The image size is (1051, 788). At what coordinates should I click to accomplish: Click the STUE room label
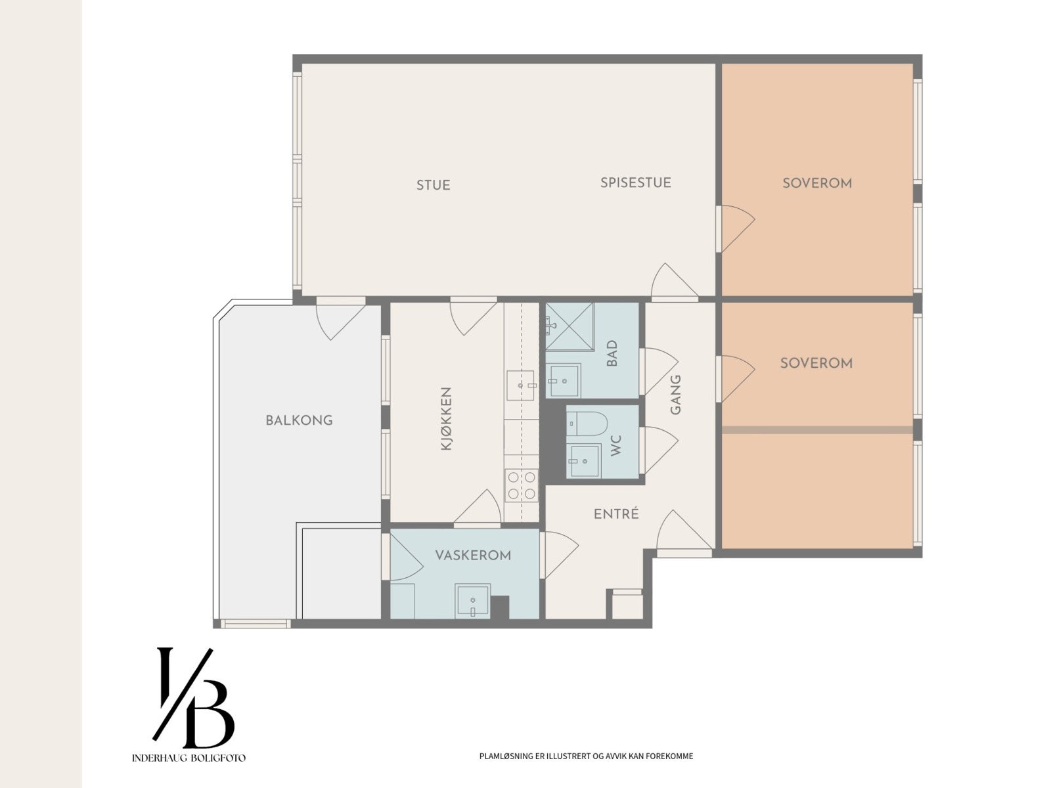click(434, 185)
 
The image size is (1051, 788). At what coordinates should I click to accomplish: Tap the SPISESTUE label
click(636, 183)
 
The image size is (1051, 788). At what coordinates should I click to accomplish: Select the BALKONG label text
click(300, 420)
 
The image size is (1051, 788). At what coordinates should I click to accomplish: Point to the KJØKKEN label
click(446, 419)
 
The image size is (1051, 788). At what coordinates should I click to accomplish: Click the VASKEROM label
click(473, 555)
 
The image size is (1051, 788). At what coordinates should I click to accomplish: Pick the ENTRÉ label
click(616, 514)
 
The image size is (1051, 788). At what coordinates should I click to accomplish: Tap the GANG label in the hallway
click(675, 395)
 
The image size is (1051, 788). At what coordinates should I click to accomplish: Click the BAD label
click(612, 353)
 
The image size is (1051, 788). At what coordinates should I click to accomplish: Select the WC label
click(615, 445)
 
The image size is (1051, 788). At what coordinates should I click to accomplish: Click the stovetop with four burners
click(522, 485)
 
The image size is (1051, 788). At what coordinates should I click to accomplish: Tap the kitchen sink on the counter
click(520, 385)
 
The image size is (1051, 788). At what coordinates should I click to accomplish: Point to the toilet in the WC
click(587, 424)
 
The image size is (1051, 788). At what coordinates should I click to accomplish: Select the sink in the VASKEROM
click(472, 600)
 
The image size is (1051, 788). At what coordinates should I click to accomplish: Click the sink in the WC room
click(583, 460)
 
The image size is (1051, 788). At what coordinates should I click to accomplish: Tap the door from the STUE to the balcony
click(340, 318)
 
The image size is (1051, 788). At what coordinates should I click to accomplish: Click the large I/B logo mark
click(193, 698)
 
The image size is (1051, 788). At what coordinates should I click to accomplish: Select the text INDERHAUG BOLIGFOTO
click(189, 758)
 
